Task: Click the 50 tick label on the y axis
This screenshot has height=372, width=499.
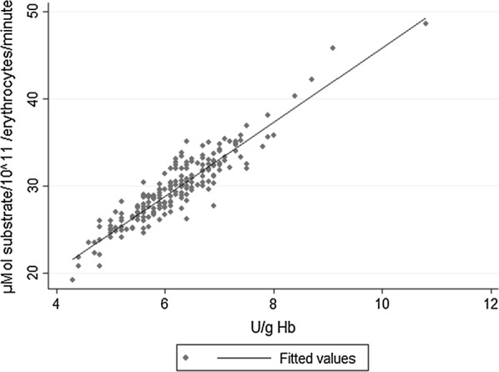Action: pyautogui.click(x=33, y=12)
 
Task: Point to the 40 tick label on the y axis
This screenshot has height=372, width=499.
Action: pyautogui.click(x=33, y=98)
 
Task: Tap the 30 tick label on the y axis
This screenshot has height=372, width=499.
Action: pyautogui.click(x=33, y=186)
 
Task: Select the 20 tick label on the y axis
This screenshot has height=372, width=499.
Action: pyautogui.click(x=33, y=273)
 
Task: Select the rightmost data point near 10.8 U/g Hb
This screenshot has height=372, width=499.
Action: pyautogui.click(x=426, y=23)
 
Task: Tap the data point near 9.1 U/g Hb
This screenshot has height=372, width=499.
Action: pyautogui.click(x=333, y=48)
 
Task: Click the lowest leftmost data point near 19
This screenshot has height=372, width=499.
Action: pyautogui.click(x=73, y=279)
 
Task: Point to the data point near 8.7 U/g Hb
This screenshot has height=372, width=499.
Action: pyautogui.click(x=311, y=79)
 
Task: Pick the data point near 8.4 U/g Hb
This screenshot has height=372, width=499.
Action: pyautogui.click(x=295, y=96)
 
